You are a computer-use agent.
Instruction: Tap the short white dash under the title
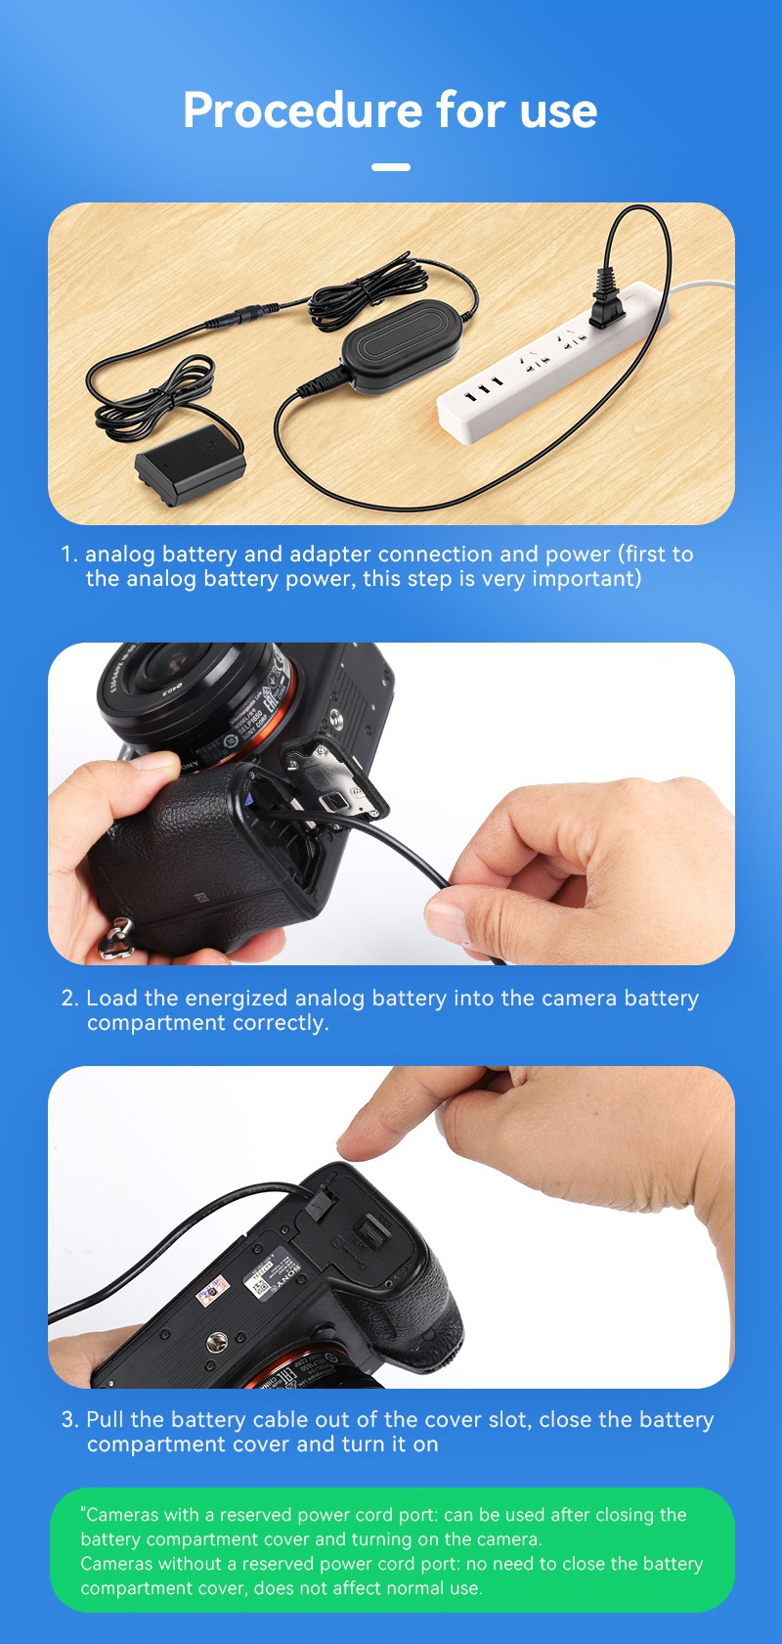[390, 167]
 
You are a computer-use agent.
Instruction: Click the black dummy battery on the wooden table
[190, 464]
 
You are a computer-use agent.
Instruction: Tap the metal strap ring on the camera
[117, 940]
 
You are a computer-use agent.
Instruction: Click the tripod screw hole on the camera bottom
[215, 1343]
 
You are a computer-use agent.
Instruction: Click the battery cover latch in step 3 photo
[372, 1230]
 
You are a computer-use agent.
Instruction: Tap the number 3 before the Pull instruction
[68, 1419]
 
